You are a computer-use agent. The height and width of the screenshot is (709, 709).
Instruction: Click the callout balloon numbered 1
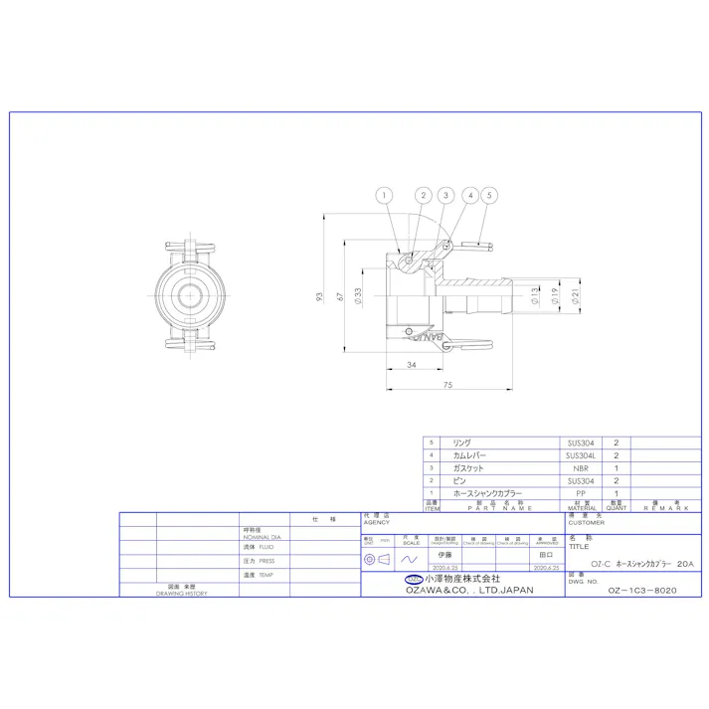coord(384,196)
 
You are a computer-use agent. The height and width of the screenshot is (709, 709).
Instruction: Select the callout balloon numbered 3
coord(445,196)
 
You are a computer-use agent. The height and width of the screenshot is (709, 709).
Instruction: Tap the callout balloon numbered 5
coord(489,196)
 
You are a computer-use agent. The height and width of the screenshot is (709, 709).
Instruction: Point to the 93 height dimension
coord(320,296)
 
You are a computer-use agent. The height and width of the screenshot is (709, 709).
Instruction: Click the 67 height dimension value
coord(340,296)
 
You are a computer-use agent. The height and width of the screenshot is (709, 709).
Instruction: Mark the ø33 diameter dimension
coord(357,295)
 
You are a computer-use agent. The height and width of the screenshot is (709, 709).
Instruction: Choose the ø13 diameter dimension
coord(536,295)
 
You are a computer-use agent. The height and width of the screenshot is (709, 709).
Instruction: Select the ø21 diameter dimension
coord(575,295)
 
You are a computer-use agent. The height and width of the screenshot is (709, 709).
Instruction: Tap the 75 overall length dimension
coord(447,386)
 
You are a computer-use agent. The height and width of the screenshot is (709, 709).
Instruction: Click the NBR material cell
coord(580,467)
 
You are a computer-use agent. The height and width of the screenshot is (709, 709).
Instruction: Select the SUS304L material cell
coord(580,454)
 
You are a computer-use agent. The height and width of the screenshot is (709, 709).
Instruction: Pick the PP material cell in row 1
coord(580,493)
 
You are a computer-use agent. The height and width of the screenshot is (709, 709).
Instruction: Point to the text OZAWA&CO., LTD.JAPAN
coord(468,590)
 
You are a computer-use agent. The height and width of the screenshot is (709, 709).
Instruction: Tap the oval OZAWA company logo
coord(413,579)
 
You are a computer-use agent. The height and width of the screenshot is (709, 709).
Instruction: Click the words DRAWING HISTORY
coord(181,593)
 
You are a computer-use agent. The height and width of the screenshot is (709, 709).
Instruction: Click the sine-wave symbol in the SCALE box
coord(408,560)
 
